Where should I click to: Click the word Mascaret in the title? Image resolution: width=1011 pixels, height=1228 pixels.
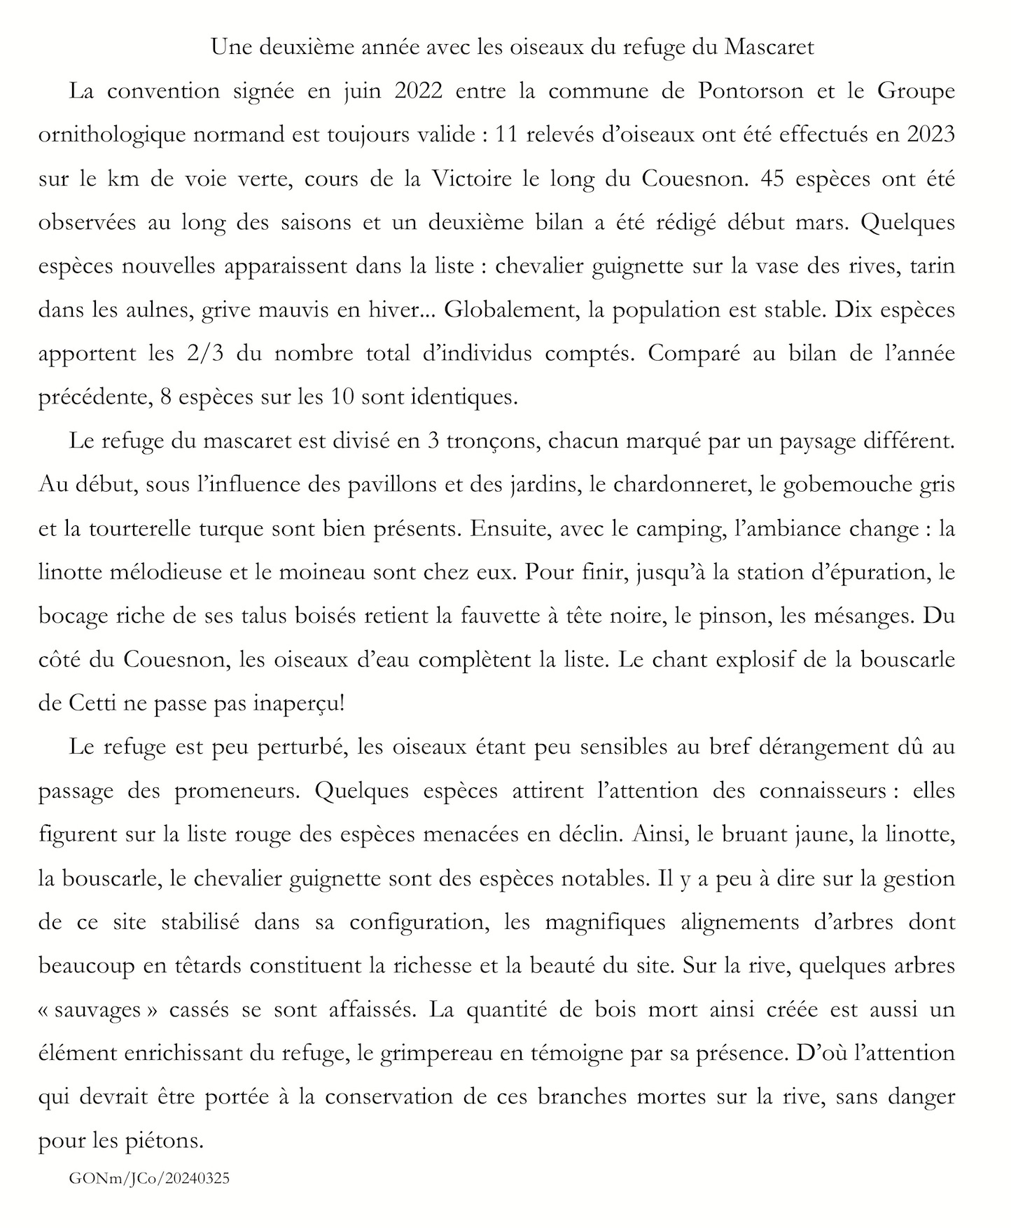point(769,48)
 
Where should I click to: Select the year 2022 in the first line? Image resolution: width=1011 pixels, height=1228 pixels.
point(418,91)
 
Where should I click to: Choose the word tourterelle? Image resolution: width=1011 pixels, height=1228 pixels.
point(144,528)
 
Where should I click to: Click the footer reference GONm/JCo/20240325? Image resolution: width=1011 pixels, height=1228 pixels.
point(149,1179)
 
